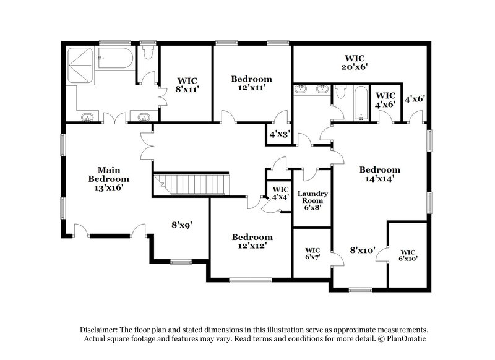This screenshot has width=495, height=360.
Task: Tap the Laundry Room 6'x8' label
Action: [x=312, y=201]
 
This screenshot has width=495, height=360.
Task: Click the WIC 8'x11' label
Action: [x=187, y=85]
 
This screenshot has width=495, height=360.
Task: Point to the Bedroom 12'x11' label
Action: [x=251, y=84]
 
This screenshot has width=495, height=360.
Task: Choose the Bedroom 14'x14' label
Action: [x=380, y=174]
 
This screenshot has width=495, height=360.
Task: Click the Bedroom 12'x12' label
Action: [x=252, y=241]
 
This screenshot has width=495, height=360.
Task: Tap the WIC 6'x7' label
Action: [x=312, y=254]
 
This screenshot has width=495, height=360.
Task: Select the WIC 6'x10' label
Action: [x=407, y=255]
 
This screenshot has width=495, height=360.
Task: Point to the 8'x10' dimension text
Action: [x=363, y=251]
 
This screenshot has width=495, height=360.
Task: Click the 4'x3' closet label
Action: [x=278, y=133]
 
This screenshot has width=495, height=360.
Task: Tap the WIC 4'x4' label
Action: [x=280, y=193]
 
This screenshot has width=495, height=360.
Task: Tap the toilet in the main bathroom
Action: [x=147, y=55]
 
